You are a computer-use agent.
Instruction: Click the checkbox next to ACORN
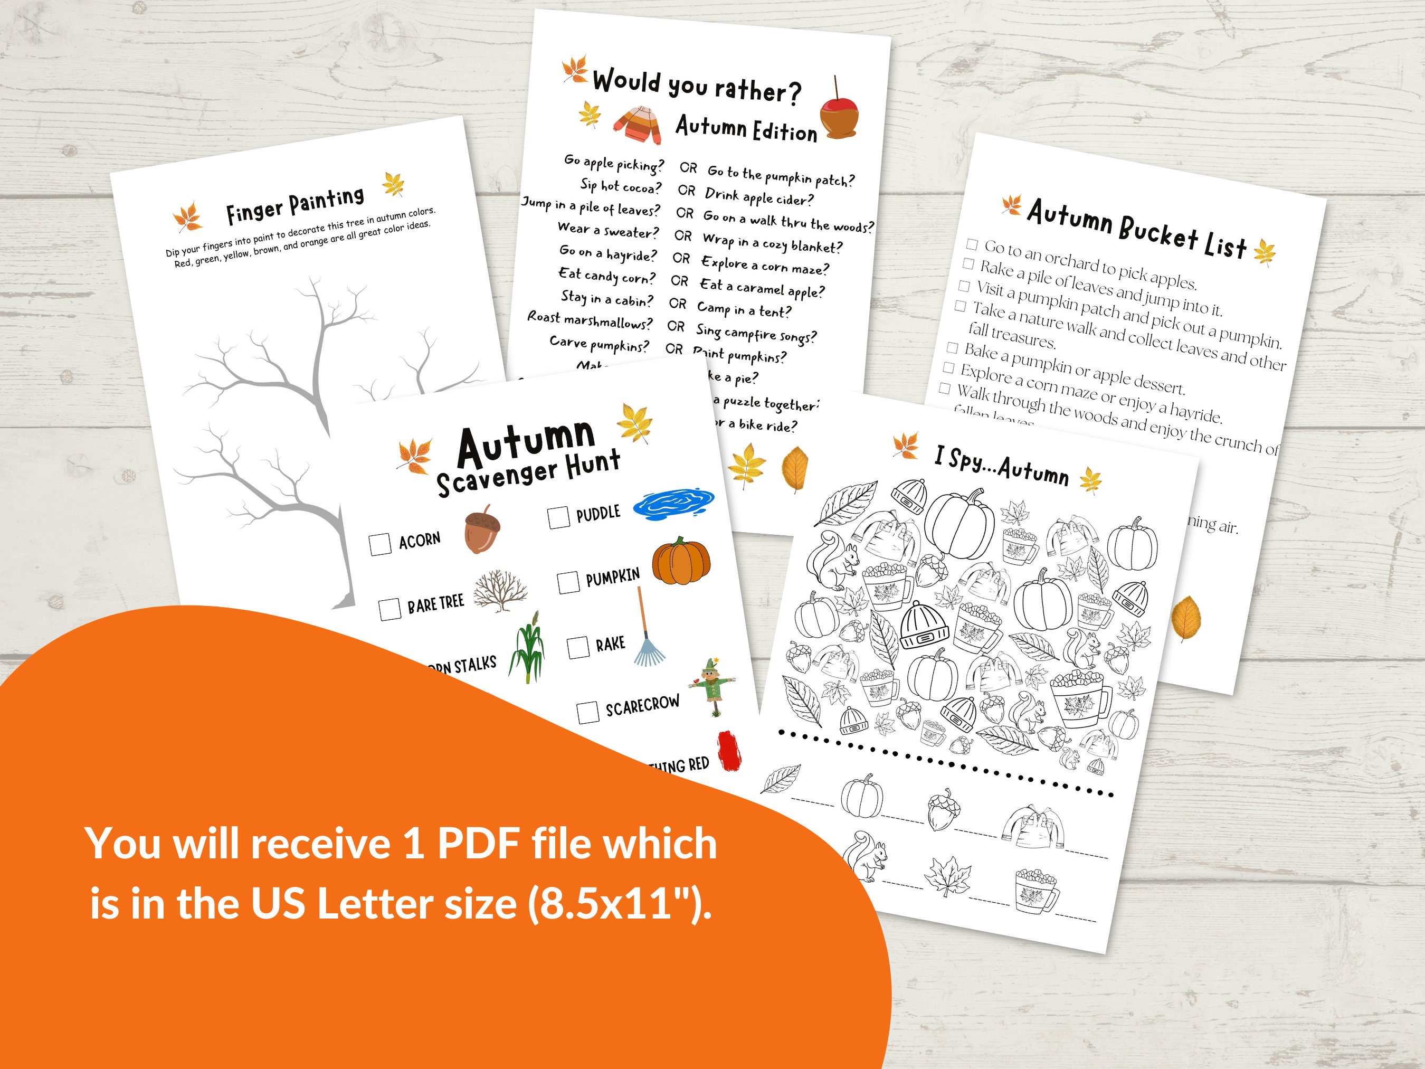(x=380, y=543)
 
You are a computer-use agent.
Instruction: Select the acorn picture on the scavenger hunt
(x=482, y=531)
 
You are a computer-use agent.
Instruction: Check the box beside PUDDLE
(x=558, y=517)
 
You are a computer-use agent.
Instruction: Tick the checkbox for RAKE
(x=578, y=647)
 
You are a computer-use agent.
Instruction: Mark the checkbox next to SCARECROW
(x=587, y=712)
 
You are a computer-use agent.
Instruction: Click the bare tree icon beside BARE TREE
(x=500, y=591)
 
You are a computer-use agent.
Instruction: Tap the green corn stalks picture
(x=527, y=648)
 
